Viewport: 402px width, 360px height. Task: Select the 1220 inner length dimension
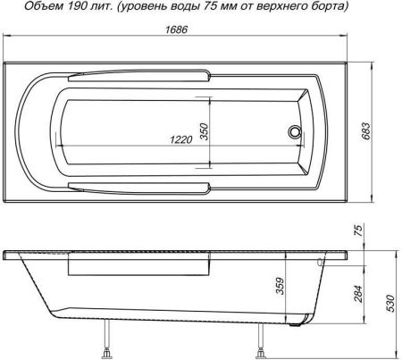(x=185, y=140)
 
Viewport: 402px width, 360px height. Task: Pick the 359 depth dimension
(x=280, y=287)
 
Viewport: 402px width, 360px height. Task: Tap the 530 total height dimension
(x=389, y=305)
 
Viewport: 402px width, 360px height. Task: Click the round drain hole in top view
(x=293, y=133)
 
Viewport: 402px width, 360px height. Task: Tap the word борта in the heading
(x=326, y=7)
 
